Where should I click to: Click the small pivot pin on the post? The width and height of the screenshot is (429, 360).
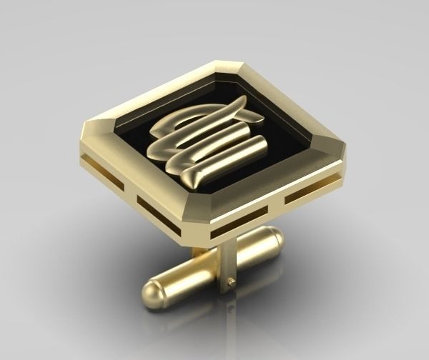pos(230,283)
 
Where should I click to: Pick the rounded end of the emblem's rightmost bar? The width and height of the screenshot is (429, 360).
pos(262,146)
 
